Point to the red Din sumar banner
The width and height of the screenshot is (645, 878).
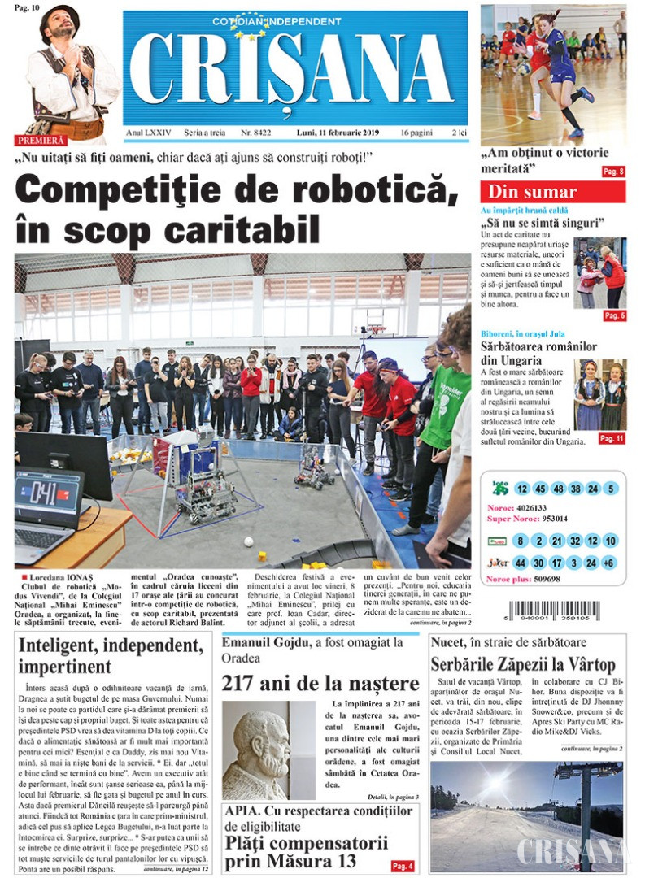(552, 192)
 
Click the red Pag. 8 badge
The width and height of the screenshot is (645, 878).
(612, 172)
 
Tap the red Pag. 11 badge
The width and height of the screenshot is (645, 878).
(611, 438)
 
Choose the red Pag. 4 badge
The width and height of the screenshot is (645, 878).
(402, 866)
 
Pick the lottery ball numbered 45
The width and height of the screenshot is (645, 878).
(540, 489)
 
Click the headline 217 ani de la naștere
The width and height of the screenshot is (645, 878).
(320, 683)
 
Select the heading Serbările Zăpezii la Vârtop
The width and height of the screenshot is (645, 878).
(523, 664)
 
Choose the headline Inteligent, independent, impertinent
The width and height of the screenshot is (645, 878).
(109, 657)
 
